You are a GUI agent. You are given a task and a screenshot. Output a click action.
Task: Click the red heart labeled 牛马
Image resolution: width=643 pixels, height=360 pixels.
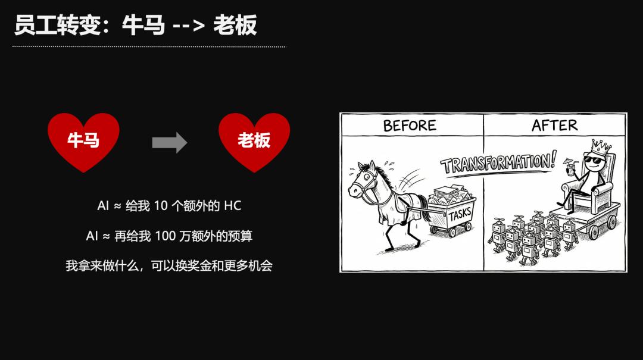pos(83,142)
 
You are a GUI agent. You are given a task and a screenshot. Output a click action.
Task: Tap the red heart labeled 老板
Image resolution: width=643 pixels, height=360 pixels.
pos(254,142)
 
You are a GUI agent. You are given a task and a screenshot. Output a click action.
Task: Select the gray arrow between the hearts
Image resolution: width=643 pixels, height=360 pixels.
pos(169,142)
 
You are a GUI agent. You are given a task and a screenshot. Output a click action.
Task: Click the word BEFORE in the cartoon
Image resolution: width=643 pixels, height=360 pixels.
pos(410,126)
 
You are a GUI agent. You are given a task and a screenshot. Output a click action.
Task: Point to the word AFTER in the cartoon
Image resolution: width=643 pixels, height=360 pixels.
pos(554,125)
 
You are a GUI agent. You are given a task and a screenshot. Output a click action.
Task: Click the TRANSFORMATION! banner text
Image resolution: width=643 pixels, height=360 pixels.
pos(499,162)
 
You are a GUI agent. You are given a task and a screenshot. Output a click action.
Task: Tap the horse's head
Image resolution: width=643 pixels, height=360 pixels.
pos(363,181)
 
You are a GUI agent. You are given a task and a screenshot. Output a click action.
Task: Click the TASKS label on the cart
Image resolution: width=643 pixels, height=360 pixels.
pos(460,214)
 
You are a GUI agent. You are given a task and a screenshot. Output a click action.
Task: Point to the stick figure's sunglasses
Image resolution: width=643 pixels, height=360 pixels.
pos(594,160)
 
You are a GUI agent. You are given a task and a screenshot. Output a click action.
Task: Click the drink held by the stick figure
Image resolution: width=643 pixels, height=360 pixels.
pos(570,167)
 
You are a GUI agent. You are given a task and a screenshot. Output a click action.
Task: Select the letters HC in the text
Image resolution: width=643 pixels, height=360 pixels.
pos(233,205)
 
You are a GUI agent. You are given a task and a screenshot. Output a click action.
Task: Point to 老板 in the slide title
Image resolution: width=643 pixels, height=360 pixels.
pos(235,25)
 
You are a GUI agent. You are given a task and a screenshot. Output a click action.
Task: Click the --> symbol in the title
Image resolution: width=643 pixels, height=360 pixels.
pos(188,26)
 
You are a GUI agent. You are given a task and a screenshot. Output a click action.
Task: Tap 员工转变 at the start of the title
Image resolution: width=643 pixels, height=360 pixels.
pos(57,25)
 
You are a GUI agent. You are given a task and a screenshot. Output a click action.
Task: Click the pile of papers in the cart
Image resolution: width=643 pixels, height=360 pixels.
pos(449,194)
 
